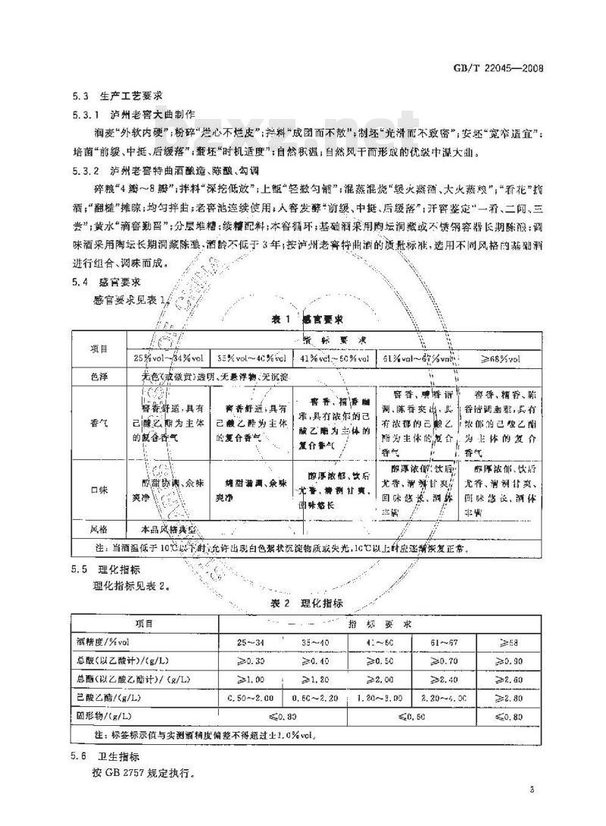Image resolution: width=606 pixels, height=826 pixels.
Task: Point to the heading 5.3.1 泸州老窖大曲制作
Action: [x=133, y=116]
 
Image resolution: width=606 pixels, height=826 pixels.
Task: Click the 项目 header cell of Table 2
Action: [x=144, y=624]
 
